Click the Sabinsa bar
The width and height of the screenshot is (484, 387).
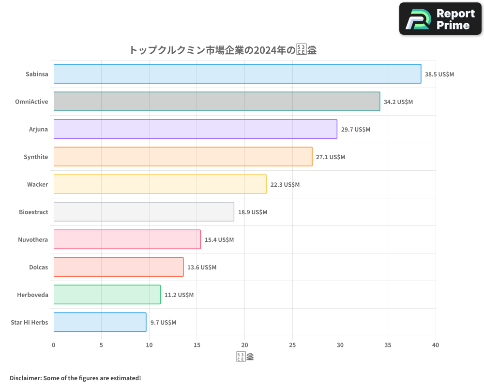(237, 74)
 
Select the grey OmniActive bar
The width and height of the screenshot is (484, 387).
(216, 102)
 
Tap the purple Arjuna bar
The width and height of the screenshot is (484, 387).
(195, 129)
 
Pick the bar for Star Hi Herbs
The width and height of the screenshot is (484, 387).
(100, 322)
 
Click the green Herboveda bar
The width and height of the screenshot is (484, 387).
(107, 295)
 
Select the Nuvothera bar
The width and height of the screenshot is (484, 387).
(127, 239)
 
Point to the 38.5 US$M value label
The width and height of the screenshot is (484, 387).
(439, 74)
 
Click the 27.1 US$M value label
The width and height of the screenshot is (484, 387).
(331, 157)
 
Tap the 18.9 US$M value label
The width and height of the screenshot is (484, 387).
(252, 212)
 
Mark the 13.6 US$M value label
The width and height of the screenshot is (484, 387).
(202, 268)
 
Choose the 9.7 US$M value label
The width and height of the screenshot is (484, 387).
(163, 323)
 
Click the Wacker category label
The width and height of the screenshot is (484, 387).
(37, 184)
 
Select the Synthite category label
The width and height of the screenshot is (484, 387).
(36, 157)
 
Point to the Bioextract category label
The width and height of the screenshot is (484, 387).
(33, 212)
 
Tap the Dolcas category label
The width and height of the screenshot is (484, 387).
(38, 267)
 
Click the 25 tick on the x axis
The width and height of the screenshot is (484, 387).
(292, 345)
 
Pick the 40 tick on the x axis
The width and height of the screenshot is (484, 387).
(436, 345)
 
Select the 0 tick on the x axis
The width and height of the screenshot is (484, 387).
(54, 345)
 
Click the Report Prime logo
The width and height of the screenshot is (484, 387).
(440, 19)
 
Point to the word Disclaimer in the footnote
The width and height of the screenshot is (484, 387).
(25, 378)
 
